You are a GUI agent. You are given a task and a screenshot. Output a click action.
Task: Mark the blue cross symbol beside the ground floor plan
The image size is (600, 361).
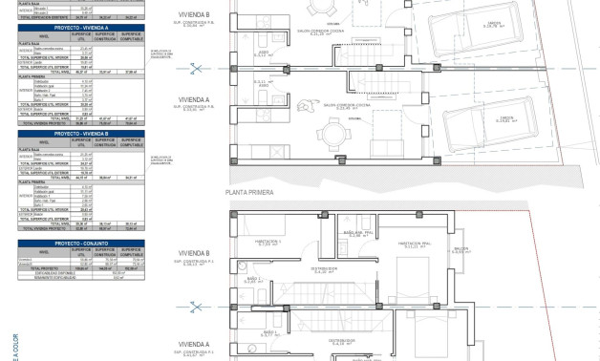click(193, 67)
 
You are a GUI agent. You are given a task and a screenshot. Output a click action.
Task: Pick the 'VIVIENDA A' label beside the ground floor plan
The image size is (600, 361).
click(194, 98)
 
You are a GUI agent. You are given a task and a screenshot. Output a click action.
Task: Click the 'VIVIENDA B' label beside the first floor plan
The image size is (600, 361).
click(194, 254)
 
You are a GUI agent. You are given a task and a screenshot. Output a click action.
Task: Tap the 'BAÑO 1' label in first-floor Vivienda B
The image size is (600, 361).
click(252, 280)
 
